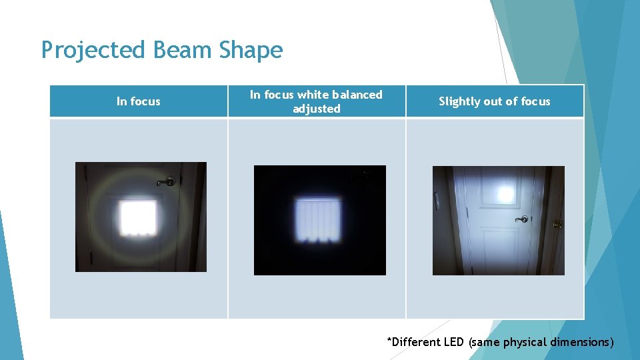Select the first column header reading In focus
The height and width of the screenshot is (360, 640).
[138, 101]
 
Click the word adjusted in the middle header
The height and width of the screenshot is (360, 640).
[316, 109]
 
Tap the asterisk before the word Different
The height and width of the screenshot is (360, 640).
[389, 340]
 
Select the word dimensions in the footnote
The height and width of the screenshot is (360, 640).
[581, 342]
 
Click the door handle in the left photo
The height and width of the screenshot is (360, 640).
[167, 181]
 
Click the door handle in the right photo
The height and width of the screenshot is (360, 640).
[523, 219]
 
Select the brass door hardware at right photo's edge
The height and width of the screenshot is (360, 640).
[557, 224]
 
